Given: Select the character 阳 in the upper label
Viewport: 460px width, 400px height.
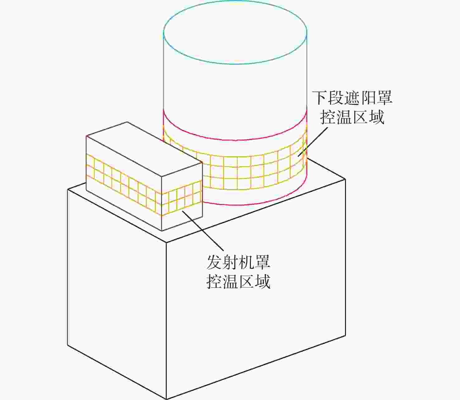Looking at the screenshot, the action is pos(368,98).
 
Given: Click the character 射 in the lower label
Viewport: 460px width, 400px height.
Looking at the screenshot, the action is pos(230,262).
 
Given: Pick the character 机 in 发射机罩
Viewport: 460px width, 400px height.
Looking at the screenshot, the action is pos(247,262).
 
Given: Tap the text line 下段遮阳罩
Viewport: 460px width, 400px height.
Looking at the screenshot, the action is pos(352,98).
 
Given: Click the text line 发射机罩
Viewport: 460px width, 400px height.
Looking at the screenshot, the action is pos(238,262).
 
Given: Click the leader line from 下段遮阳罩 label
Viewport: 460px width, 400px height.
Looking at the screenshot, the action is pos(313,142).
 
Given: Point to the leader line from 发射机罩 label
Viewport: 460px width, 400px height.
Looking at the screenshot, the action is pos(203,231).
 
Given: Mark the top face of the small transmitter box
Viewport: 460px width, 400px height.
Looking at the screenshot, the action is pos(144,149).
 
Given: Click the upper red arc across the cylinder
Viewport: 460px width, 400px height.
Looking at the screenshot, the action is pos(235,140).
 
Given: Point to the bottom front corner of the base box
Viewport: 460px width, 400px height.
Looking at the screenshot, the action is pos(166,399).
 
